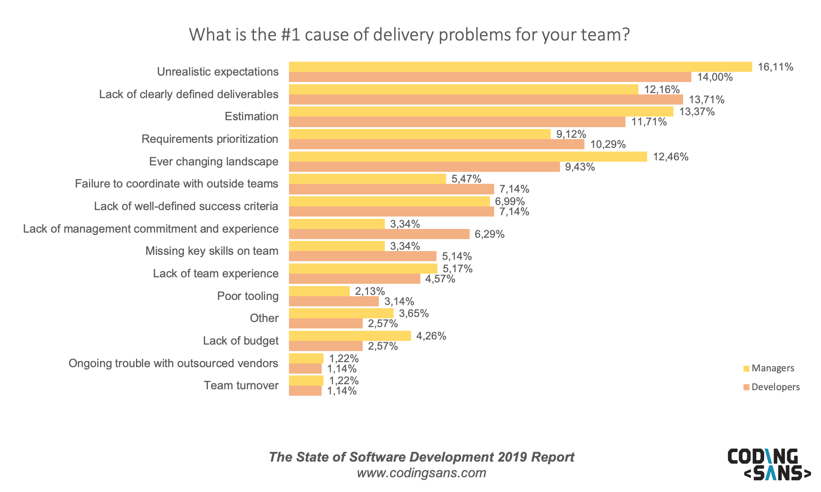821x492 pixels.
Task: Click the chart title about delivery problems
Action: (x=409, y=35)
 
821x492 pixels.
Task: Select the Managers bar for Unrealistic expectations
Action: (x=520, y=67)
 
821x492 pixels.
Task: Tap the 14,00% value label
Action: (x=715, y=77)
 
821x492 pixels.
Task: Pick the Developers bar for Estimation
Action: (x=456, y=122)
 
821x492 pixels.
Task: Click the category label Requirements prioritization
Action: (x=210, y=139)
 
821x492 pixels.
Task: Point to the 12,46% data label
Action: (x=670, y=157)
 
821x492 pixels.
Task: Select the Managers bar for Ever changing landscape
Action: (x=467, y=157)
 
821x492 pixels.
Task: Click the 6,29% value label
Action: (x=489, y=234)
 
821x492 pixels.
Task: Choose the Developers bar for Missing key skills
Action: (x=362, y=257)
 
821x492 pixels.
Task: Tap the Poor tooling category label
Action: (x=248, y=296)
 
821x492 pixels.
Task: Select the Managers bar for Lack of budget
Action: (x=349, y=336)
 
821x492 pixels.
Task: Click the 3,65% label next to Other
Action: (x=413, y=314)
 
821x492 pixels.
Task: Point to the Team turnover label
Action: (x=241, y=386)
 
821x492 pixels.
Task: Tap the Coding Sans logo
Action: (x=768, y=464)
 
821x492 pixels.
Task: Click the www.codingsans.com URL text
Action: (x=421, y=473)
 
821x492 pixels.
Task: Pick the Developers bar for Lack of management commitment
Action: (x=379, y=234)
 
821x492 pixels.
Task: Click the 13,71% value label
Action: (x=706, y=100)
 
